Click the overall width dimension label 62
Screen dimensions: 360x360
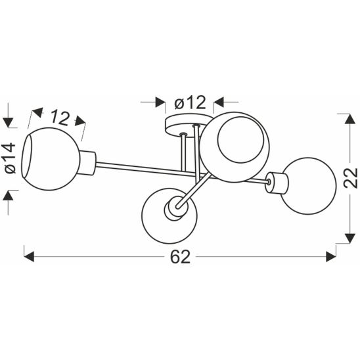(x=179, y=257)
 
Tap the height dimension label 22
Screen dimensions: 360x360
(x=349, y=177)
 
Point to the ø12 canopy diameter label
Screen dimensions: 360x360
(x=191, y=102)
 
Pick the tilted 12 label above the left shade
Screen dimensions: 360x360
(x=59, y=118)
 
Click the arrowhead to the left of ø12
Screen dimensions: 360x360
(x=160, y=102)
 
